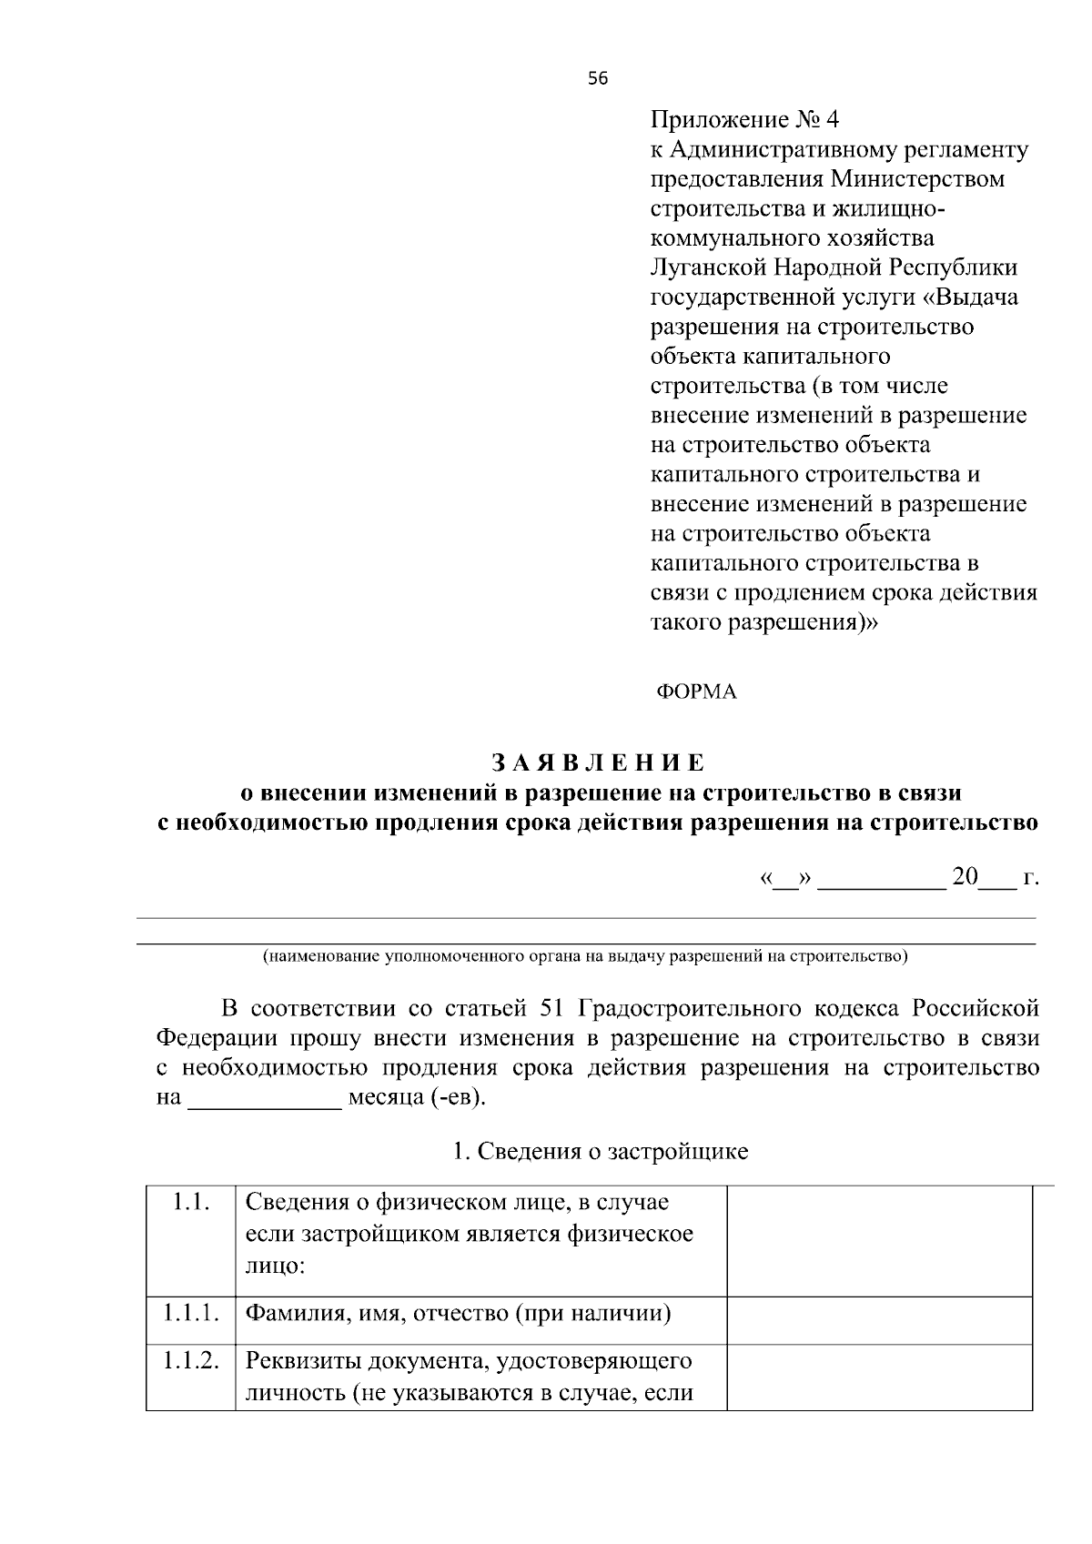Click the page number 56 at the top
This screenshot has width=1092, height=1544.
tap(597, 78)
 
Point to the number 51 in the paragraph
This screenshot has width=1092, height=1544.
tap(553, 1009)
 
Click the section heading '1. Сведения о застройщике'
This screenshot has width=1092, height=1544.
tap(601, 1152)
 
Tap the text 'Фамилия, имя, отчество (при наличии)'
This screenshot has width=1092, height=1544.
tap(459, 1314)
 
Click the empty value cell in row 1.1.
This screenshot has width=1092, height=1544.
tap(879, 1241)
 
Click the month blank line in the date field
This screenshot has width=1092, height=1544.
tap(882, 883)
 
